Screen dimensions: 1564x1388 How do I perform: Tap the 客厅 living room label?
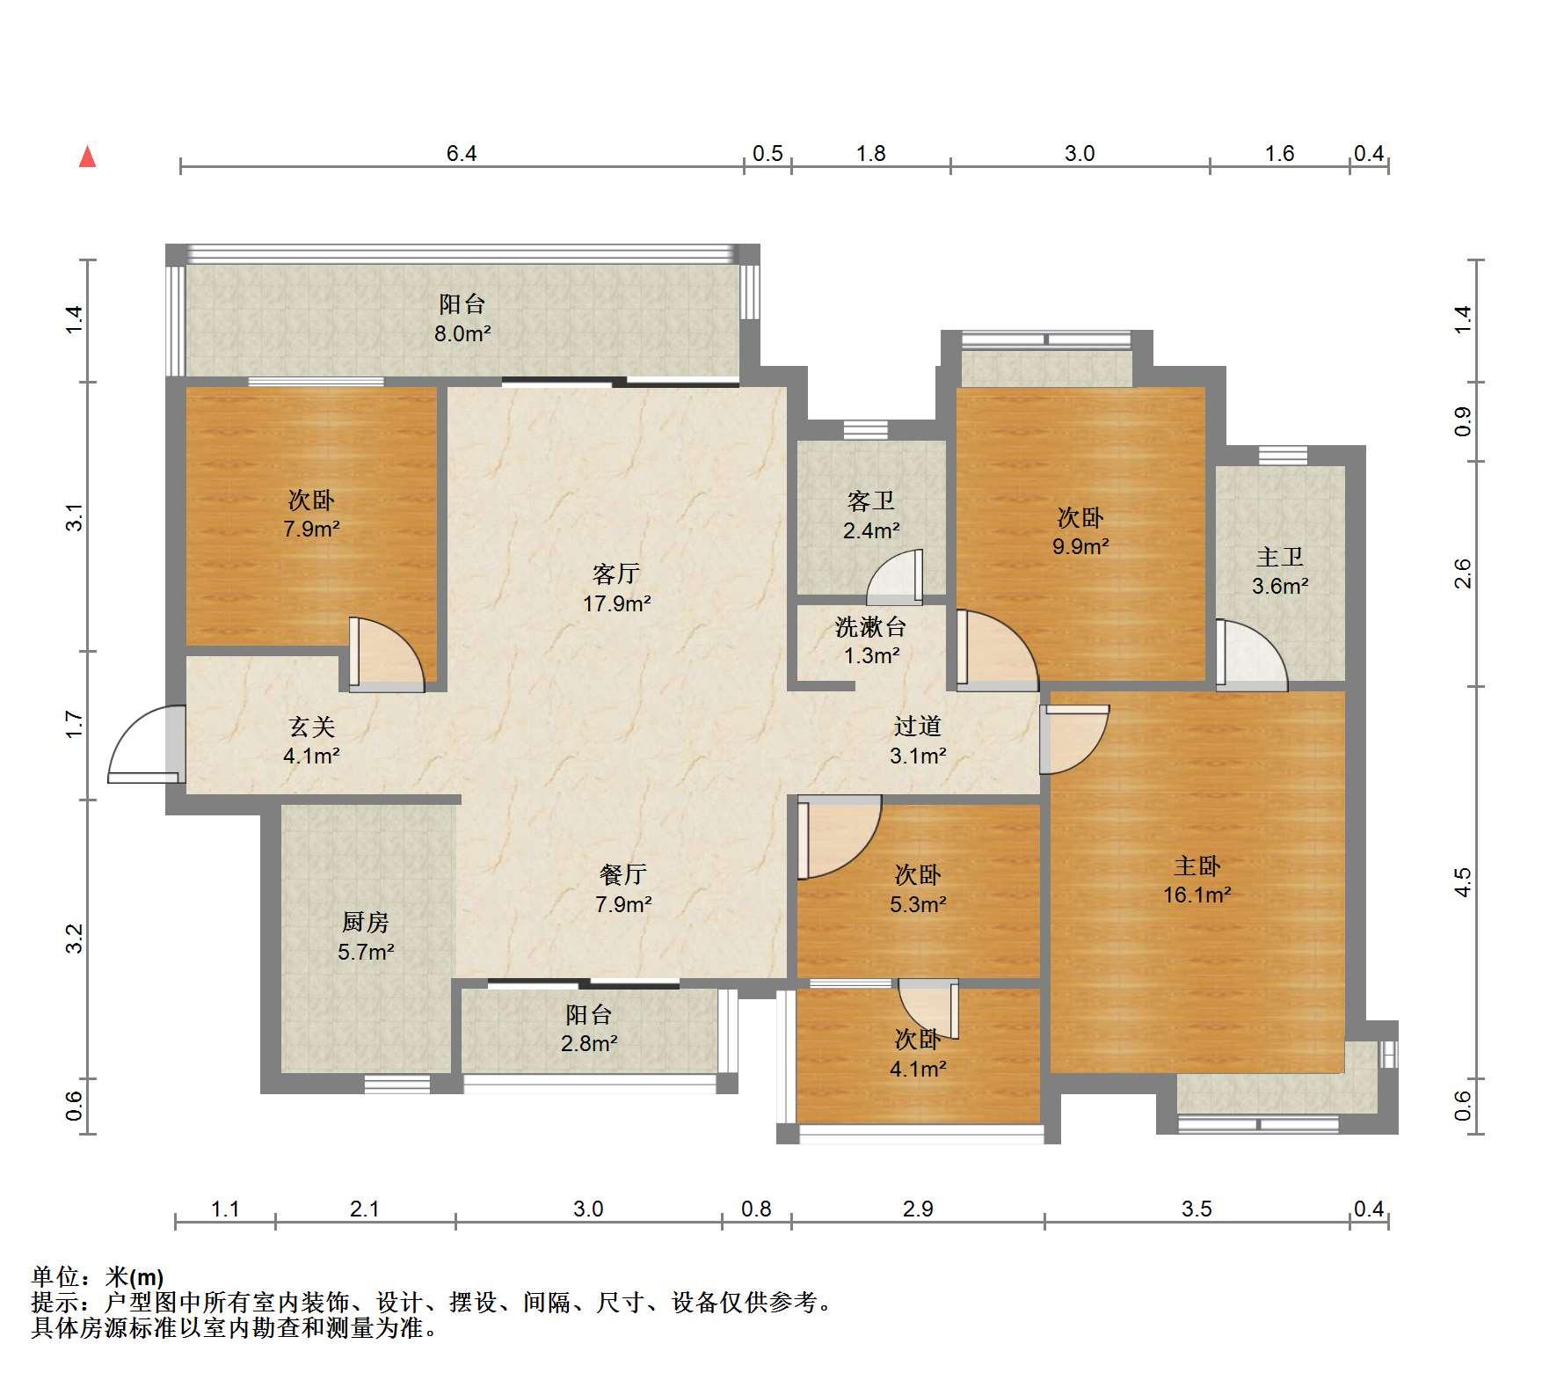(x=615, y=574)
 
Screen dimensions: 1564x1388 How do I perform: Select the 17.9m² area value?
(x=616, y=603)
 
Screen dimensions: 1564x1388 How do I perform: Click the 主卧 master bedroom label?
(x=1197, y=866)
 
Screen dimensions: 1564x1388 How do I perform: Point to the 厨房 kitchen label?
(x=365, y=922)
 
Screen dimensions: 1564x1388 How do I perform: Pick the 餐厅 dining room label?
(x=622, y=874)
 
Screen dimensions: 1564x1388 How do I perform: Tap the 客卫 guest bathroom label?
(x=870, y=501)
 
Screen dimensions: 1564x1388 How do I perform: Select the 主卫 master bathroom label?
(x=1279, y=557)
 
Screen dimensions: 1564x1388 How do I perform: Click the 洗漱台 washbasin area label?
(x=870, y=627)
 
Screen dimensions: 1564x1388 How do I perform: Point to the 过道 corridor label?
(x=917, y=726)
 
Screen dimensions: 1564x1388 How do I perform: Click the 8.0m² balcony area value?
(x=463, y=333)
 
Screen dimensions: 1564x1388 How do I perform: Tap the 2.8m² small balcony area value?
(x=589, y=1044)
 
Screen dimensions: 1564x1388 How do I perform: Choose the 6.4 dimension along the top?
(x=462, y=154)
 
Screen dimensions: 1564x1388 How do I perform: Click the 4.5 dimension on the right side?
(x=1462, y=882)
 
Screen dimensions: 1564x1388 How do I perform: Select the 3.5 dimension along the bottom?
(x=1197, y=1209)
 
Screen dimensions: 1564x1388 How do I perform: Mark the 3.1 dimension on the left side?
(x=76, y=516)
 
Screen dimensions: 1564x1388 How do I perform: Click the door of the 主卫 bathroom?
(x=1252, y=654)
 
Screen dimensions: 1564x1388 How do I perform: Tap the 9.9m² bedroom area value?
(x=1080, y=546)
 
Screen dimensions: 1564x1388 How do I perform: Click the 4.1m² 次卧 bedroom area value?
(x=918, y=1069)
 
